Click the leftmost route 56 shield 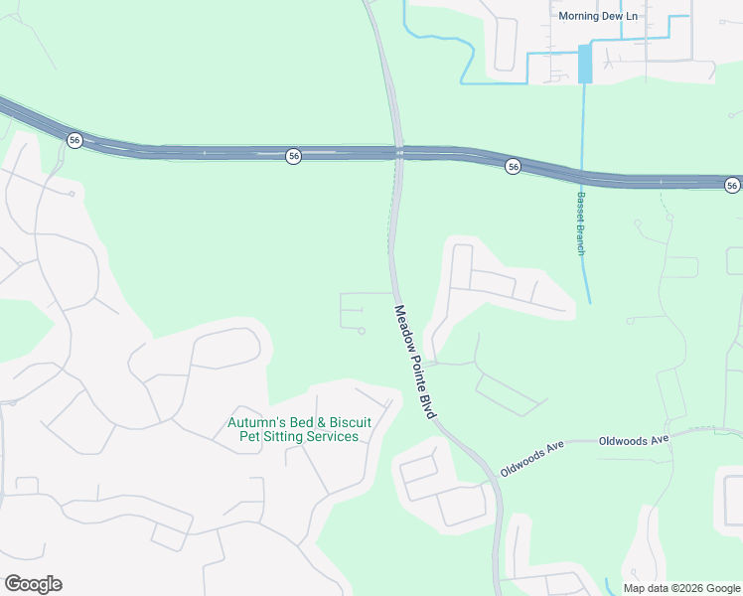pos(74,140)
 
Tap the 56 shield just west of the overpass pos(293,156)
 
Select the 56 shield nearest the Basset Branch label pos(513,166)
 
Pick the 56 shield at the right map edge pos(732,185)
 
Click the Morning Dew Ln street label pos(596,16)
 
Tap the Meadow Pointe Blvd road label pos(416,361)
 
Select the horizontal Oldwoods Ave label pos(635,440)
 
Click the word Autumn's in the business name pos(254,422)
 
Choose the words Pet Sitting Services pos(300,437)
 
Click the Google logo pos(33,584)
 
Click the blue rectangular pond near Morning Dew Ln pos(585,64)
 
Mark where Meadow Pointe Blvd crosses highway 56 pos(398,153)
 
